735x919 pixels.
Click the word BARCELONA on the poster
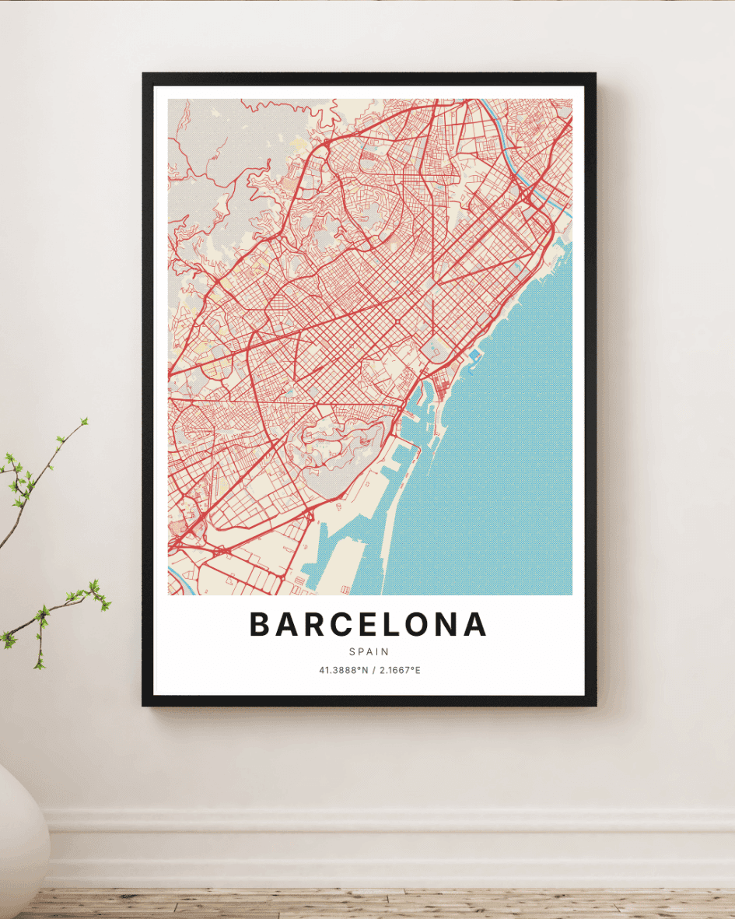[368, 624]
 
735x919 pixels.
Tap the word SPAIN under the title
[369, 652]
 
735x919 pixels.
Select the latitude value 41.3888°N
[343, 670]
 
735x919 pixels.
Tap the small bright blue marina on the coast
[474, 355]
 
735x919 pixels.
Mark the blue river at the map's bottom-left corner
[178, 577]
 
